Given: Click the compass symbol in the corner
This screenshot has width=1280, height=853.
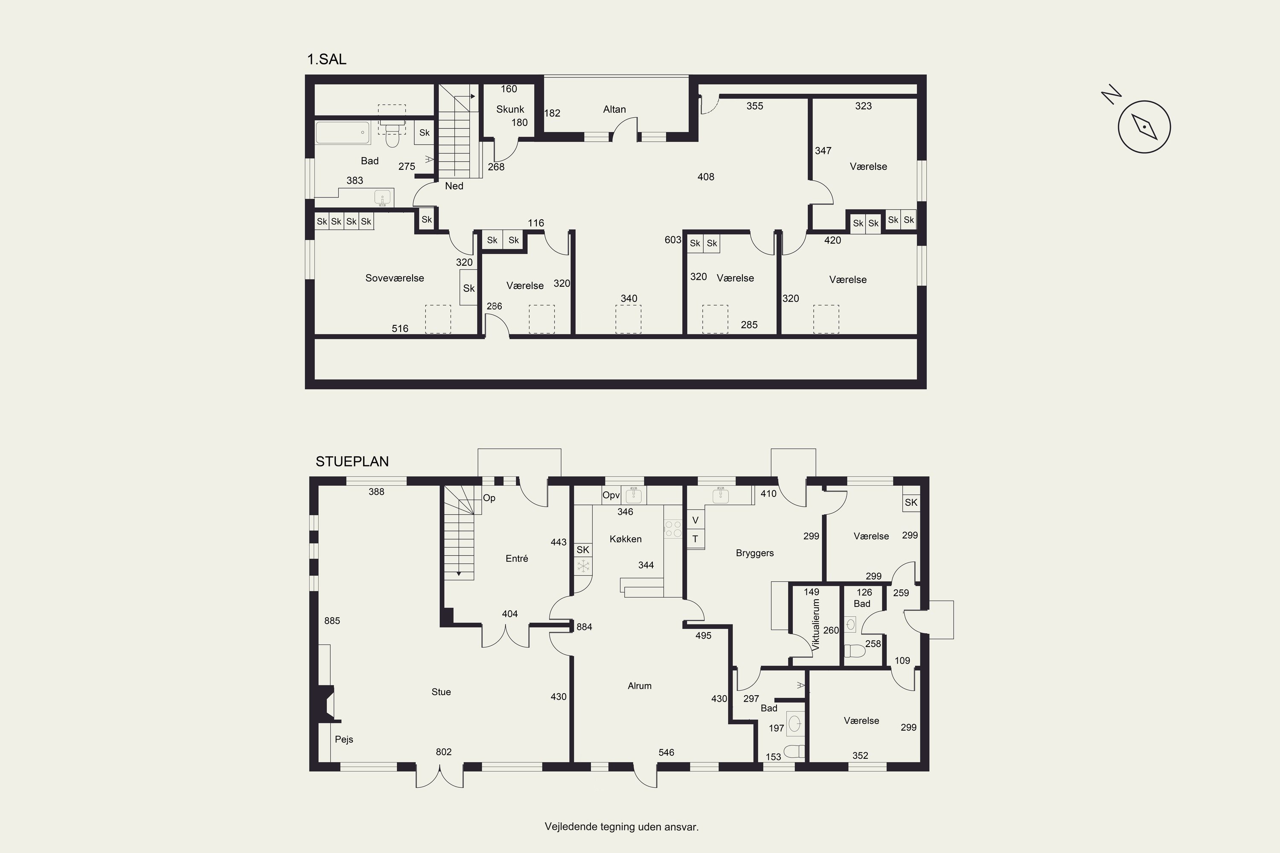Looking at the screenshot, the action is (1144, 127).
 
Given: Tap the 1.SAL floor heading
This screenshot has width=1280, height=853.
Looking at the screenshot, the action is (326, 59).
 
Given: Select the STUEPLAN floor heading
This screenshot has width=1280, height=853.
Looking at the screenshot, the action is (352, 461).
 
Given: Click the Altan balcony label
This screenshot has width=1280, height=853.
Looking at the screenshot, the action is (614, 109).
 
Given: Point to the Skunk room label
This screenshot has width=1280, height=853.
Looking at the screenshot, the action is (510, 109).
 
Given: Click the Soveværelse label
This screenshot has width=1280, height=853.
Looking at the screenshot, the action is (395, 278).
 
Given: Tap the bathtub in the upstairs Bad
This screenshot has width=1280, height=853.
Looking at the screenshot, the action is (343, 132).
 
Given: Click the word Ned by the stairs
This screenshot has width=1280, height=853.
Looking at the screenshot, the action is (454, 186).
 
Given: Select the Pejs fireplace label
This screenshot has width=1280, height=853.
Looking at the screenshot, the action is (344, 739).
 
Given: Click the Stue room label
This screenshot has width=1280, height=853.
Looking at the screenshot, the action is (441, 692).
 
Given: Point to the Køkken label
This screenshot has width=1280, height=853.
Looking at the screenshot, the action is (625, 539).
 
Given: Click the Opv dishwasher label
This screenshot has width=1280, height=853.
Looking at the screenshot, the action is (611, 496).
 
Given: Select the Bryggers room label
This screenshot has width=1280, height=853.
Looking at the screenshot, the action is (754, 553).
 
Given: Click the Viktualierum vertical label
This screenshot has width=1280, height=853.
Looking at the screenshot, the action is (815, 625).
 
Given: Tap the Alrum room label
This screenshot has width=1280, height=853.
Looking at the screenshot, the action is (640, 686).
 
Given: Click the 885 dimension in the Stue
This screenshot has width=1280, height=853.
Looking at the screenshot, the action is (332, 621).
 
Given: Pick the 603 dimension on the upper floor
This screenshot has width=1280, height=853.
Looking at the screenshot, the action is (673, 240).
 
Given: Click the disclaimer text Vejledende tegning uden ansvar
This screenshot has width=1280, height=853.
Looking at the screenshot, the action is (622, 827).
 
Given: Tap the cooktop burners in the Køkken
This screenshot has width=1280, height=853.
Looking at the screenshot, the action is (673, 529).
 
